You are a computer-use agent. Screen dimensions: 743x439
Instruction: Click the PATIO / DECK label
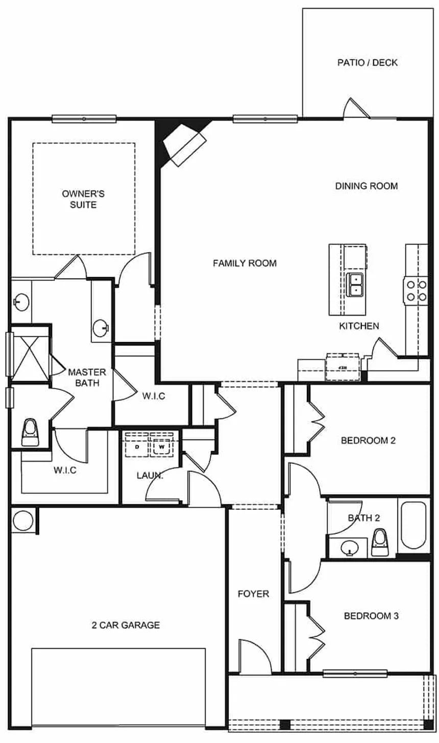[x=367, y=63]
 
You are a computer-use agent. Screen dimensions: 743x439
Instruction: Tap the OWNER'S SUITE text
[x=83, y=199]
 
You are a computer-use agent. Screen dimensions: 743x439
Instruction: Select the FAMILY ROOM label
[x=245, y=263]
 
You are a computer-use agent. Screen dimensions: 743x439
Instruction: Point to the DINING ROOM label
[x=366, y=186]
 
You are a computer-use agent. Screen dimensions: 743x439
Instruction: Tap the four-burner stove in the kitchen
[x=416, y=290]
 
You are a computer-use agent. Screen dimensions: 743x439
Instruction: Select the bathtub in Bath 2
[x=413, y=525]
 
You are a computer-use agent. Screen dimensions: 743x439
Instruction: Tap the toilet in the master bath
[x=30, y=432]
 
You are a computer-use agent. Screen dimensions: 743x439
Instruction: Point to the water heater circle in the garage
[x=22, y=521]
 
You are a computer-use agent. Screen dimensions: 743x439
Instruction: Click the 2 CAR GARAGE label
[x=126, y=625]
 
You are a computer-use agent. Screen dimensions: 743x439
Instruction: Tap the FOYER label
[x=253, y=594]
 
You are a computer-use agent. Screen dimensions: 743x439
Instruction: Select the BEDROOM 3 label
[x=371, y=616]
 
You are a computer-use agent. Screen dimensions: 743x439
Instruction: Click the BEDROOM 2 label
[x=368, y=440]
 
